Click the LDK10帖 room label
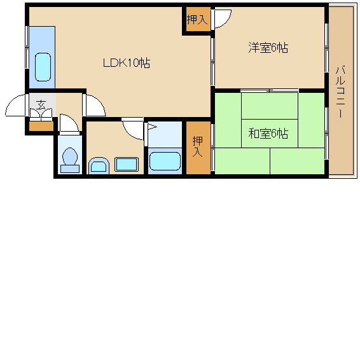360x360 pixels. pos(127,63)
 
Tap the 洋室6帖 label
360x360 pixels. pos(268,48)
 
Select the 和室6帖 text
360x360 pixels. pos(268,134)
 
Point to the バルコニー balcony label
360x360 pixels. pos(340,92)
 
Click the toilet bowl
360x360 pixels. pos(70,160)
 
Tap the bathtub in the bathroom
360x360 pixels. pos(165,161)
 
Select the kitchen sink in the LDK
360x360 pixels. pos(43,67)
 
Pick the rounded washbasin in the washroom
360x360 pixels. pos(99,165)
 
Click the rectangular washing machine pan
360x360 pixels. pos(127,164)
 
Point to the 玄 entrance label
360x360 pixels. pos(41,104)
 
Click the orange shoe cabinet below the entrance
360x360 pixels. pos(41,127)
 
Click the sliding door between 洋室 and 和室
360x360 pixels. pos(270,90)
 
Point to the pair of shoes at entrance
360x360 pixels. pos(41,113)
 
